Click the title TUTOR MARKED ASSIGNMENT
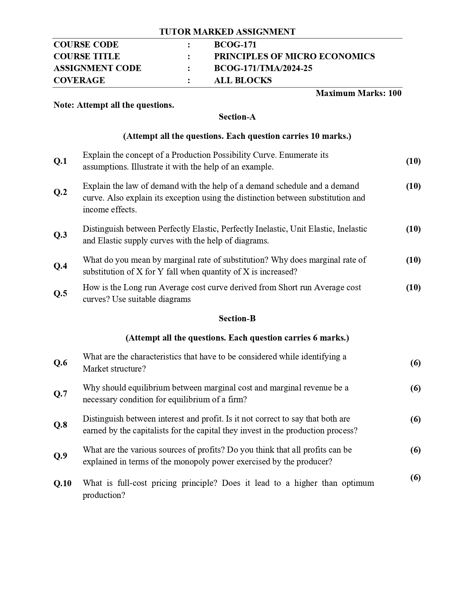pos(227,32)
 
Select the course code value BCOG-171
pos(235,45)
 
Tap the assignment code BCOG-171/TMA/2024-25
pos(263,68)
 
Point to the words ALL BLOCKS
pos(243,80)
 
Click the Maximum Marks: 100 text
pos(358,93)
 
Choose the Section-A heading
pos(237,117)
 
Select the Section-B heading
pos(237,318)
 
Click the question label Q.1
pos(60,161)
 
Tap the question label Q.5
pos(60,293)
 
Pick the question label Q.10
pos(62,483)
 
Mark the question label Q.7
pos(60,394)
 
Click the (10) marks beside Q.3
pos(413,229)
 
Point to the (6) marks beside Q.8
pos(415,419)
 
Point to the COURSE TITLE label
pos(87,56)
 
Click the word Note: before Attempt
pos(64,105)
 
